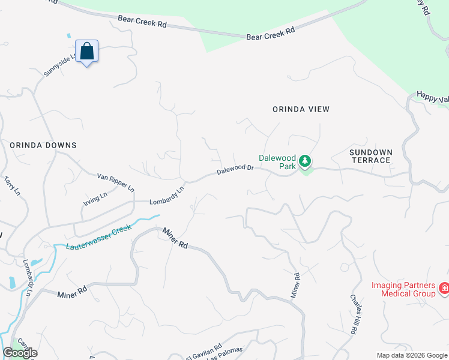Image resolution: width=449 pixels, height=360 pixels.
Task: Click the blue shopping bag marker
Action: (x=87, y=52)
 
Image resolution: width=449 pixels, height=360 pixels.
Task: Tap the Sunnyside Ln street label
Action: (x=60, y=65)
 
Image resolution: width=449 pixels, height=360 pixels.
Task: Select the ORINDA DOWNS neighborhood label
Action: (x=43, y=145)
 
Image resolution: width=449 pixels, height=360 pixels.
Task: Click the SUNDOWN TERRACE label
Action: (x=370, y=156)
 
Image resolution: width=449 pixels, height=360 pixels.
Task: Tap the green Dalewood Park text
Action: (x=277, y=162)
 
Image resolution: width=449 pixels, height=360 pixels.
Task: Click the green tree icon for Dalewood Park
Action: (x=306, y=161)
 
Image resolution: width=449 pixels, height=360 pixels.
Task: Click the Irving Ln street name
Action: (x=95, y=200)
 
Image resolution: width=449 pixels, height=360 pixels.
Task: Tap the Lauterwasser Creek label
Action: (x=98, y=238)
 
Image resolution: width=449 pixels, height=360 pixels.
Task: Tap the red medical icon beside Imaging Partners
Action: (x=444, y=289)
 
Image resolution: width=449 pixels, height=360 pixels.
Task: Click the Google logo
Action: (x=20, y=353)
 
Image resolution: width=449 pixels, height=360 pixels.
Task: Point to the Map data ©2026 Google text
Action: (x=412, y=355)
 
